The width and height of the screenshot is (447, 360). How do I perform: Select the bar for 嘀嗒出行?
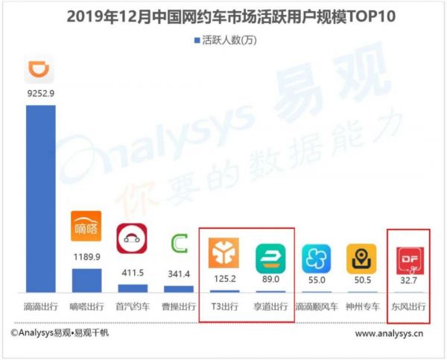coord(86,280)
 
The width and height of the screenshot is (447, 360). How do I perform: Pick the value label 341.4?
coord(179,274)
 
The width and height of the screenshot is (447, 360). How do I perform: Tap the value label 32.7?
coord(409,281)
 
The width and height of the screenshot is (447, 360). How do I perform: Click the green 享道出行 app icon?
coord(270,256)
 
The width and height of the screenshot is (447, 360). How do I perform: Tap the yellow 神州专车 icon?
coord(363,258)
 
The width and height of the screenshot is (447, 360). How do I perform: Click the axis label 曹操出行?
coord(179,306)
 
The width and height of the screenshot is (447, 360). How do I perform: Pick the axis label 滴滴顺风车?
coord(317,306)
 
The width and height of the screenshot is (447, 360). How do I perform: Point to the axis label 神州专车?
coord(363,306)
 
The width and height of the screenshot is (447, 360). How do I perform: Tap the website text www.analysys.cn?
coord(390,333)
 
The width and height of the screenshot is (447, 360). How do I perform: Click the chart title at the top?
coord(223,16)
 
